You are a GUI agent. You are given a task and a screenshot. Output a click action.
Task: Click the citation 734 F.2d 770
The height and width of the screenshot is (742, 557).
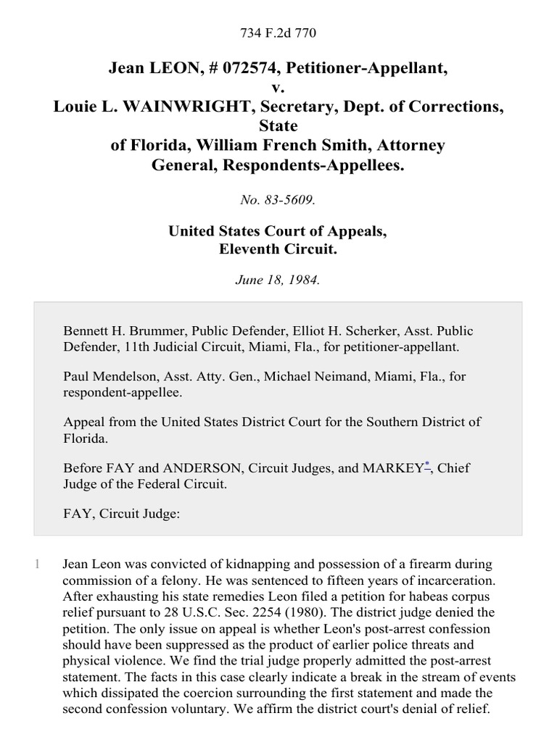278,33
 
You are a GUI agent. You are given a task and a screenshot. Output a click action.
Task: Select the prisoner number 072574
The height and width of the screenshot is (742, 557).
239,69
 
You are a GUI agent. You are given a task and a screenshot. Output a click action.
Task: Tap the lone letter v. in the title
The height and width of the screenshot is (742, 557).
278,88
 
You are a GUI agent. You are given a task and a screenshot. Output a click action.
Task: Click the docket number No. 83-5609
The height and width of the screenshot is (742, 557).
278,199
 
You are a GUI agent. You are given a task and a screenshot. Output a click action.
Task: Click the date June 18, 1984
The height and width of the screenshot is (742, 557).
278,280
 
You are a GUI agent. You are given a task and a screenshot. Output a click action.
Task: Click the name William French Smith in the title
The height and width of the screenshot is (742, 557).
280,146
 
